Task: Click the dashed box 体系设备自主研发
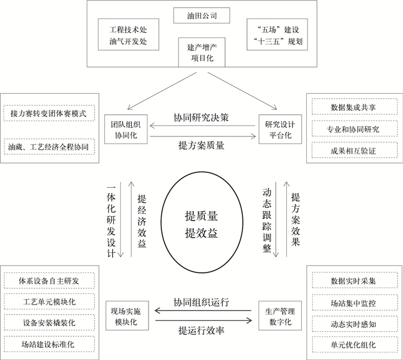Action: pyautogui.click(x=49, y=281)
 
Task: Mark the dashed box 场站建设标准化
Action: pyautogui.click(x=49, y=344)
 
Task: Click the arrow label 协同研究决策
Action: pyautogui.click(x=201, y=118)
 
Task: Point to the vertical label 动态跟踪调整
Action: pyautogui.click(x=267, y=220)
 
